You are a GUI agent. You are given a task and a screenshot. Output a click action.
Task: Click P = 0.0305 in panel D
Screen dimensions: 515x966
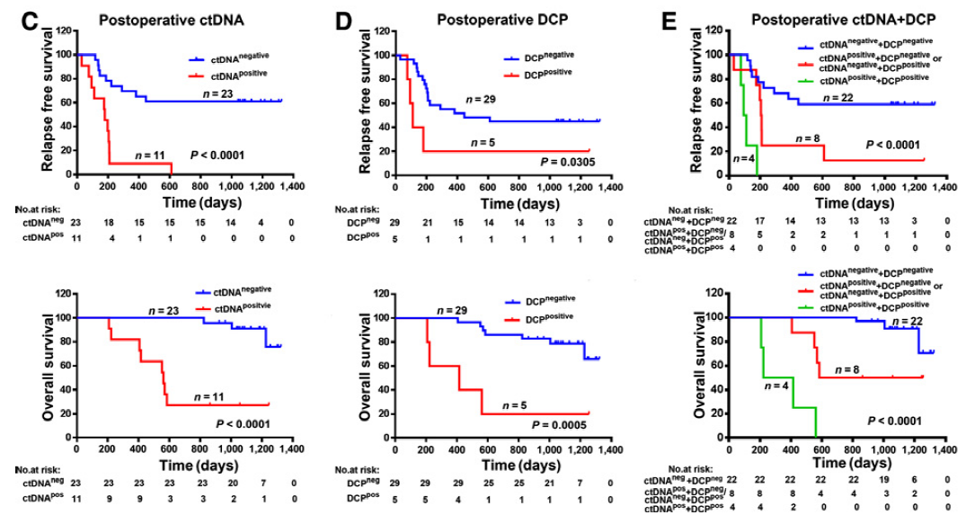567,161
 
